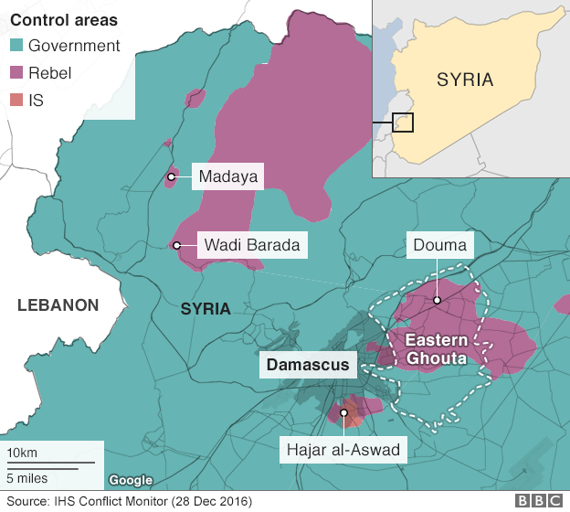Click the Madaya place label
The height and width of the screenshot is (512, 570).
point(227,176)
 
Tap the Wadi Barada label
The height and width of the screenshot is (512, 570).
point(251,245)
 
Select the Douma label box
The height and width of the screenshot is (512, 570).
point(439,245)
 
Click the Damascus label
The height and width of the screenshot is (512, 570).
point(308,365)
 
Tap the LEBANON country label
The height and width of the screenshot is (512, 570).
point(58,305)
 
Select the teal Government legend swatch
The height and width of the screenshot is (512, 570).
point(16,46)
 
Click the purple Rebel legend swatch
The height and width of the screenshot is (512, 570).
point(16,73)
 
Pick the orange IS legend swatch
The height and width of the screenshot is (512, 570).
point(16,101)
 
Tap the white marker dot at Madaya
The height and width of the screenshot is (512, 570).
point(171,176)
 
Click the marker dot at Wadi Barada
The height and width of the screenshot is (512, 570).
point(175,245)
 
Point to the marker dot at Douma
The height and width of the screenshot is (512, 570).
point(437,300)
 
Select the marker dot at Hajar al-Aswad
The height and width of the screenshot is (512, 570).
point(344,413)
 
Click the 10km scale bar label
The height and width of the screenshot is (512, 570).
point(22,454)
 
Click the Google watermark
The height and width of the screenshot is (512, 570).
point(131,480)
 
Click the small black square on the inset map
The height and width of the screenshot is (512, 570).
point(403,122)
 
